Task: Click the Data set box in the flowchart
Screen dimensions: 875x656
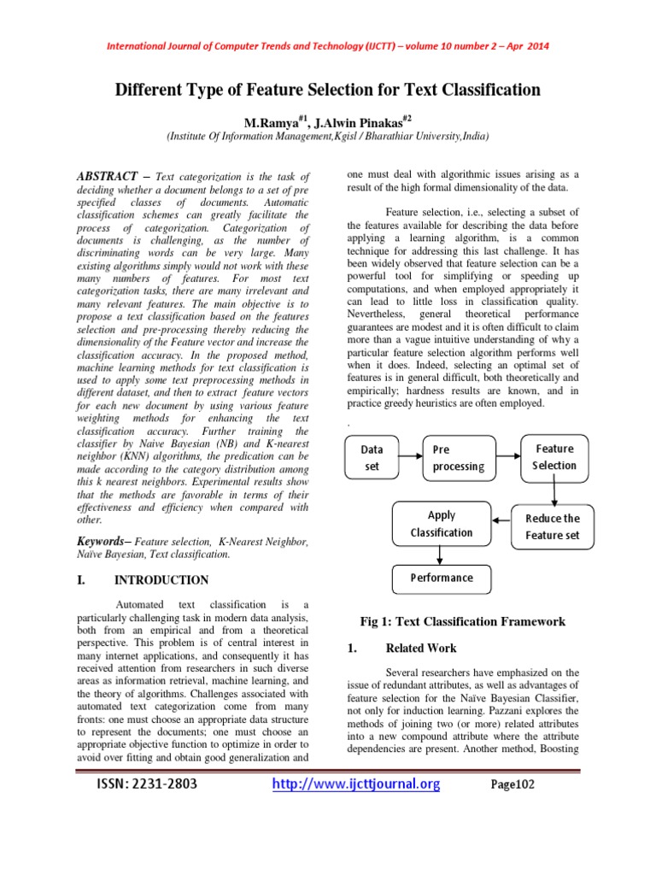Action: tap(371, 457)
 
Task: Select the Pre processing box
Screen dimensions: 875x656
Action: tap(460, 457)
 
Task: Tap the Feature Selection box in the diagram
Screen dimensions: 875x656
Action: tap(554, 457)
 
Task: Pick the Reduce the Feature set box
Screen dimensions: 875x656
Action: tap(552, 526)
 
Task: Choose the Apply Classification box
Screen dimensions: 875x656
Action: tap(441, 524)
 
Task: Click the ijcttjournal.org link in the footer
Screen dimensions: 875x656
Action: tap(355, 784)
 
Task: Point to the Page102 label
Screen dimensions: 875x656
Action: tap(512, 785)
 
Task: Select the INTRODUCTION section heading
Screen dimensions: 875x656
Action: tap(161, 580)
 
